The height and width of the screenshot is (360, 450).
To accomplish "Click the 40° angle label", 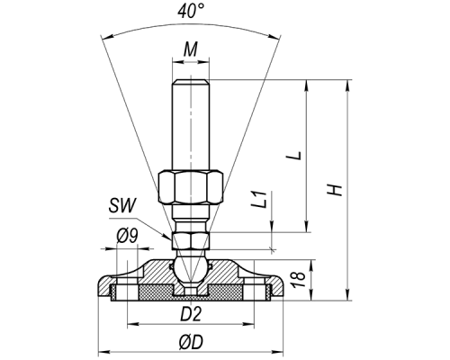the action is click(191, 12).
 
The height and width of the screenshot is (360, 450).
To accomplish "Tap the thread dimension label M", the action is click(191, 49).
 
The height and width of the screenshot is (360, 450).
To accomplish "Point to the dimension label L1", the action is click(258, 199).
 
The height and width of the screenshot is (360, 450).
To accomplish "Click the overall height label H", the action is click(335, 190).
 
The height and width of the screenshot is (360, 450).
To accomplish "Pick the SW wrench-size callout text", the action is click(122, 205).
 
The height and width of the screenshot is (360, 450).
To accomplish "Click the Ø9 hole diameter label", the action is click(127, 237).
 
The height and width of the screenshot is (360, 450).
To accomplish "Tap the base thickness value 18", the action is click(299, 280).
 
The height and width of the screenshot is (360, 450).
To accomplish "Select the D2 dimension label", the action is click(191, 314).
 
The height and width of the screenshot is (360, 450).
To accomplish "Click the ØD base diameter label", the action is click(191, 342).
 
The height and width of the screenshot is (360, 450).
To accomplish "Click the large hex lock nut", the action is click(191, 187).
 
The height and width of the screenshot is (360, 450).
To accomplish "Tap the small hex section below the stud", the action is click(191, 240).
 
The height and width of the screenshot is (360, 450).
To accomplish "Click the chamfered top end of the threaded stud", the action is click(191, 82).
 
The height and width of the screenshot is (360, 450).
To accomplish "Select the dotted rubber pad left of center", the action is click(157, 292).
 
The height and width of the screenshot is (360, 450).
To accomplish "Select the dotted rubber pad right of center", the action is click(225, 292).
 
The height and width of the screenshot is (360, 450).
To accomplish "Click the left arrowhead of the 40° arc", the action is click(105, 38).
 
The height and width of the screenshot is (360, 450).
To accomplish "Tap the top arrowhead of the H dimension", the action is click(348, 85).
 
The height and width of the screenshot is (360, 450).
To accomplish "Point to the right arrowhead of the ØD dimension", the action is click(278, 352).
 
